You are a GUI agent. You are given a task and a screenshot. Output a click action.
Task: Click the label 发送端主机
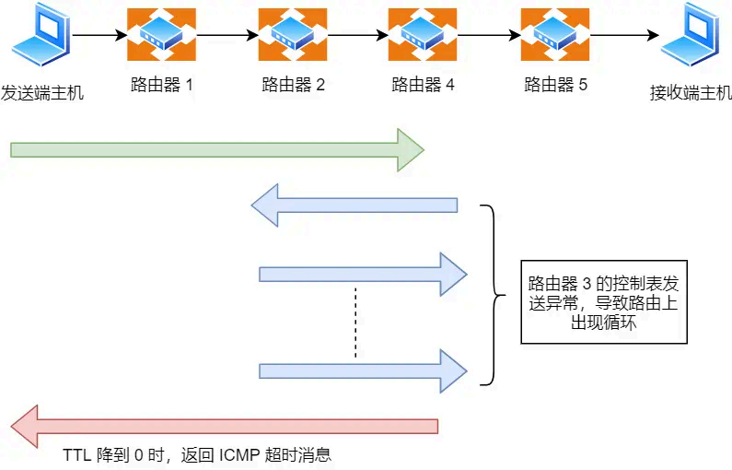42,91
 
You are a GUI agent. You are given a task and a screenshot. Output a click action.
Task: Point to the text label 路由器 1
161,86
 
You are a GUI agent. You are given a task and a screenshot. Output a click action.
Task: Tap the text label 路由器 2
293,86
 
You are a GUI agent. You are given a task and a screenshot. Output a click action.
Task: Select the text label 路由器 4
423,86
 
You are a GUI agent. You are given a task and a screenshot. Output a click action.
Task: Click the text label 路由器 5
555,86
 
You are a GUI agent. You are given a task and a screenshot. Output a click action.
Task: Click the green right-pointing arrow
216,149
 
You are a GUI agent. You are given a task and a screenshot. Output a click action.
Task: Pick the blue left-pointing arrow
354,205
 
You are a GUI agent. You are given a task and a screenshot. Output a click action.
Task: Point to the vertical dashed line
355,323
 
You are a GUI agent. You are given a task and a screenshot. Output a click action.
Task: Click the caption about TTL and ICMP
196,455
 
